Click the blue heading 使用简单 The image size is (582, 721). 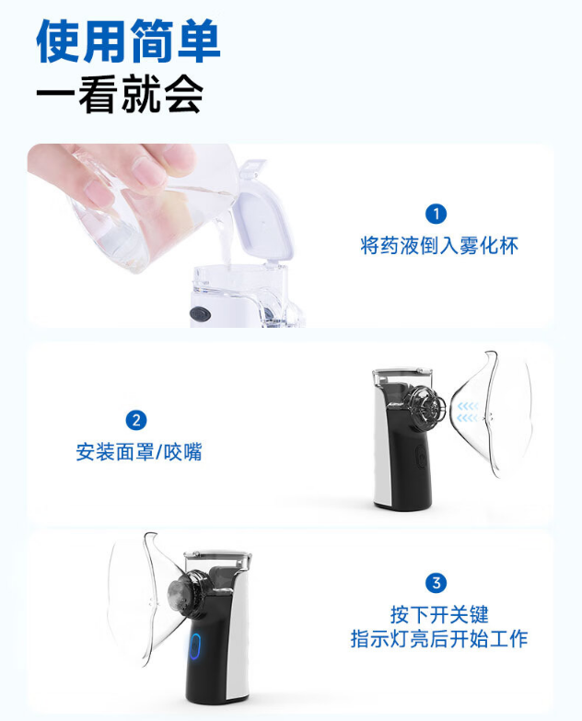(x=128, y=41)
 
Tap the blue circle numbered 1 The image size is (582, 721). (x=436, y=214)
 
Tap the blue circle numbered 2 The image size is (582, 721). (x=136, y=421)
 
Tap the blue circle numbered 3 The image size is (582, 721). (x=436, y=582)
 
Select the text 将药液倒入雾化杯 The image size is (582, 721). (x=438, y=246)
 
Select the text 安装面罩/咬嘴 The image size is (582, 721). (x=138, y=452)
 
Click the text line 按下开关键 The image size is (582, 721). (x=438, y=614)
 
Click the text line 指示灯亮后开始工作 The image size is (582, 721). (x=438, y=639)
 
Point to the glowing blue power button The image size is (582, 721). (x=194, y=646)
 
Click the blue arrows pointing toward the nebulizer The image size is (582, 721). (x=469, y=411)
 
